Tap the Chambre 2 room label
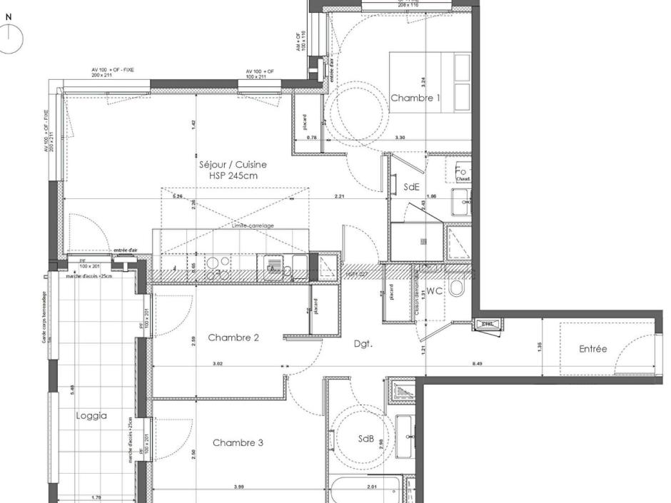point(233,337)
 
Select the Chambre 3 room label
point(238,443)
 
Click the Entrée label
point(593,349)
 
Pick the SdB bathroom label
point(366,440)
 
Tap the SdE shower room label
point(411,187)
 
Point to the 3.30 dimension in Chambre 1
point(400,137)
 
